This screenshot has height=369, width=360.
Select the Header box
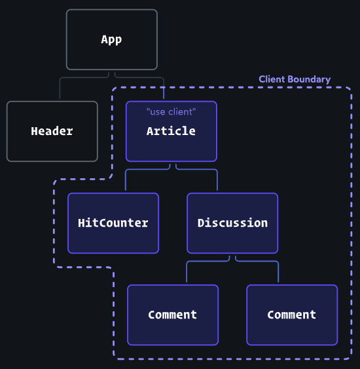52,131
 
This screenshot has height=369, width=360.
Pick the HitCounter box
113,223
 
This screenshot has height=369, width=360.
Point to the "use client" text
171,112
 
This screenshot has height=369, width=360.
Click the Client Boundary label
295,79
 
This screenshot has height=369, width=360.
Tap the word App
112,39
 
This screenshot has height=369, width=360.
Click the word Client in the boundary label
272,79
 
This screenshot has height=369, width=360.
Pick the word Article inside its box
171,131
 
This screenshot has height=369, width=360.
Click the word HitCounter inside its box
113,223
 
